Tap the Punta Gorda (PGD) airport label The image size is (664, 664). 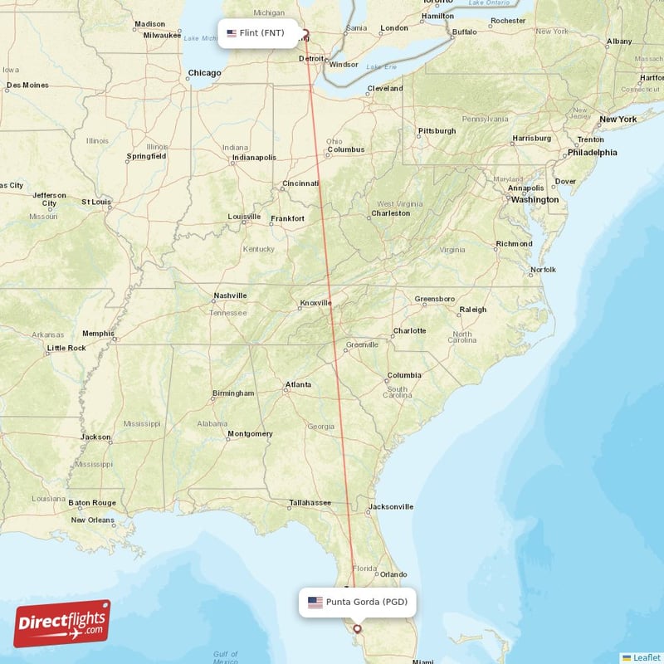coord(358,602)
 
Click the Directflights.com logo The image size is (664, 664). coord(62,622)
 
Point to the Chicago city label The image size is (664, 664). coord(204,73)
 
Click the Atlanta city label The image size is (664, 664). coord(298,384)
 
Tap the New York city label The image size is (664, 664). coord(618,120)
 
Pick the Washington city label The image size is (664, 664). coord(535,200)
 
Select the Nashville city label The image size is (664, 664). coord(230,295)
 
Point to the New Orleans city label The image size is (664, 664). coord(92,520)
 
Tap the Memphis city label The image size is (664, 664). coord(98,334)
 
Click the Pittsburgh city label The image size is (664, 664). coord(437,131)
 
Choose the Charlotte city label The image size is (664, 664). coord(409,330)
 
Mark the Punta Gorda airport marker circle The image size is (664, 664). coord(357,628)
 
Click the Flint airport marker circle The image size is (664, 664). coord(304,35)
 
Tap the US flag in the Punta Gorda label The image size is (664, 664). coord(315,602)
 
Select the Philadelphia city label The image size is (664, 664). coord(592,153)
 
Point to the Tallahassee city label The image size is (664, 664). coord(310,502)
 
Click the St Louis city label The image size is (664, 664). coord(95,202)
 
